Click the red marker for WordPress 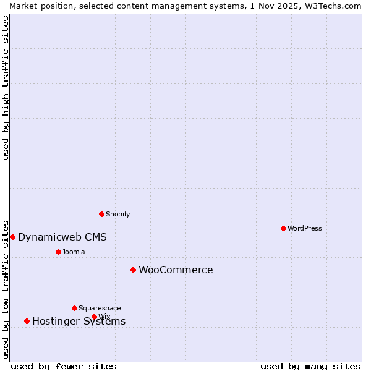[x=283, y=228]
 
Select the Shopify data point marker [x=101, y=214]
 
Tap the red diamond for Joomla [x=58, y=252]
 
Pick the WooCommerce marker [x=133, y=270]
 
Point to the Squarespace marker [x=74, y=308]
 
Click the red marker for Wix [x=94, y=317]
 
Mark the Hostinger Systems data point [x=27, y=321]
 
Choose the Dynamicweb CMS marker [x=12, y=237]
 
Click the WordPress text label [x=305, y=228]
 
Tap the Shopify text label [x=118, y=214]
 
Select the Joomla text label [x=74, y=252]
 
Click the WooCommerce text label [x=176, y=270]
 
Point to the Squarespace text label [x=100, y=308]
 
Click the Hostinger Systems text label [x=79, y=322]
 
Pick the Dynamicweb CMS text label [x=62, y=237]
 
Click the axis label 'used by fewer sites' [x=64, y=366]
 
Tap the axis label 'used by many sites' [x=310, y=366]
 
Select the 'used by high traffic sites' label [x=6, y=88]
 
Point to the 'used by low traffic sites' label [x=6, y=288]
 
